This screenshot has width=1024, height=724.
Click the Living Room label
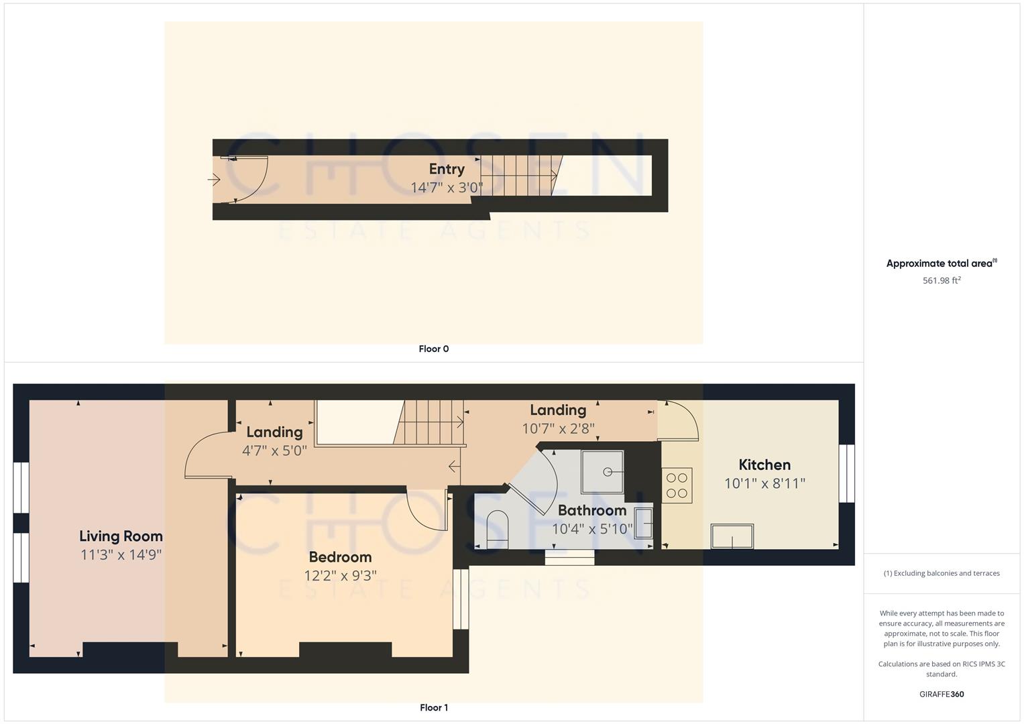pyautogui.click(x=121, y=536)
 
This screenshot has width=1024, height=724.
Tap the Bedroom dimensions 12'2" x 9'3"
pyautogui.click(x=340, y=575)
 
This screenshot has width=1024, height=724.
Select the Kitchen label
pyautogui.click(x=764, y=465)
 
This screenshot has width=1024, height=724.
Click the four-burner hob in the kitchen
pyautogui.click(x=677, y=485)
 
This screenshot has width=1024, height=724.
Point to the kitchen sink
pyautogui.click(x=732, y=536)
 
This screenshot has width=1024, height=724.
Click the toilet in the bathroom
pyautogui.click(x=497, y=529)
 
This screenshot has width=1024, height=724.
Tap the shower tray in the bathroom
pyautogui.click(x=602, y=472)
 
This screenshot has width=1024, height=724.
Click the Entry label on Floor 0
pyautogui.click(x=447, y=169)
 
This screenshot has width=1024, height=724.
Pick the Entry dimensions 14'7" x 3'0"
pyautogui.click(x=447, y=188)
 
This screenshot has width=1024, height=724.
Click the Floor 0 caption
pyautogui.click(x=434, y=349)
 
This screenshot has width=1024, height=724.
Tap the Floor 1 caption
pyautogui.click(x=434, y=707)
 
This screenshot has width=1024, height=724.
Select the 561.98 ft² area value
pyautogui.click(x=942, y=280)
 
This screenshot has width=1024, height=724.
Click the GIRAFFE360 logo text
pyautogui.click(x=942, y=694)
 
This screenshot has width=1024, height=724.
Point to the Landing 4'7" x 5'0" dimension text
pyautogui.click(x=274, y=450)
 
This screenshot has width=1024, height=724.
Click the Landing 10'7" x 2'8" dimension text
pyautogui.click(x=558, y=428)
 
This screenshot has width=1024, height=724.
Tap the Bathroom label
pyautogui.click(x=592, y=510)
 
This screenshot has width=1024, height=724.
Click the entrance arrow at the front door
pyautogui.click(x=215, y=180)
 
